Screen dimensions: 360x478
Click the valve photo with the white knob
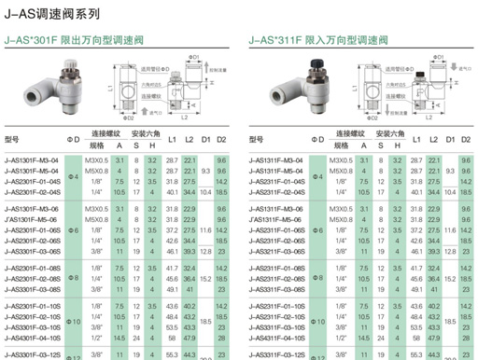pos(37,90)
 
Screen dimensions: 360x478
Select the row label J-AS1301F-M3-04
pos(31,160)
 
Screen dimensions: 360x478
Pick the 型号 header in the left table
pos(11,139)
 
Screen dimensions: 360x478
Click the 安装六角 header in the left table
pos(145,133)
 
